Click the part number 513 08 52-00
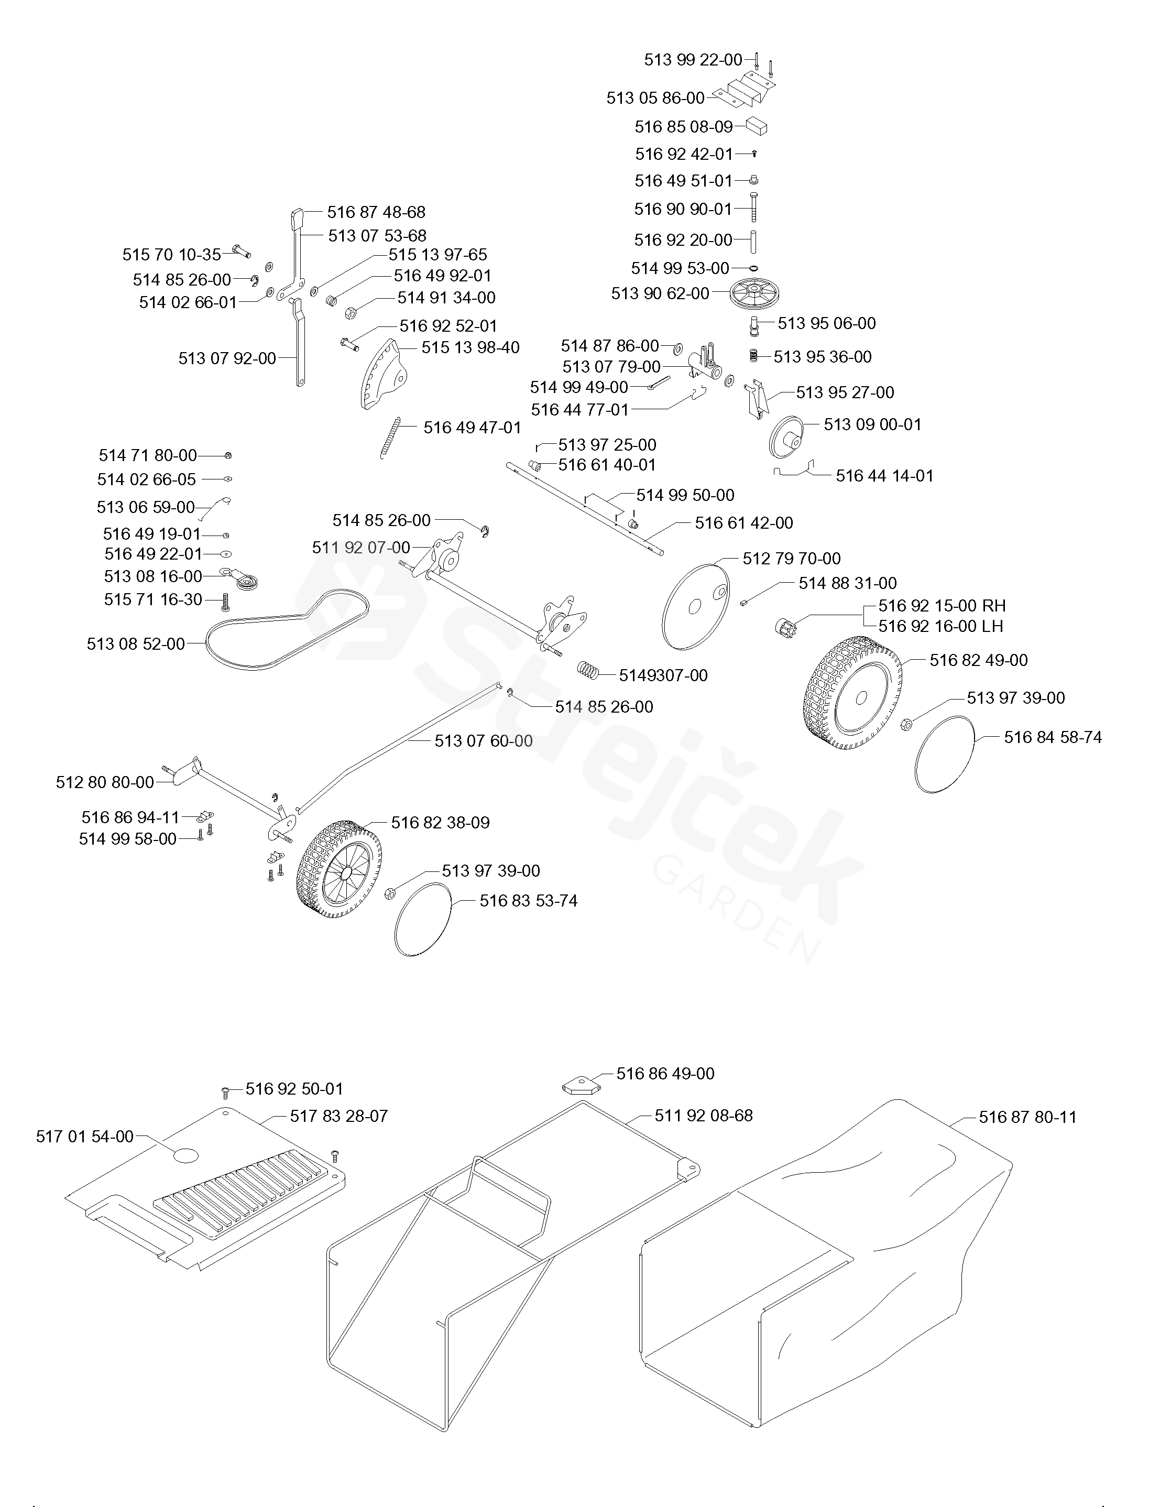point(135,644)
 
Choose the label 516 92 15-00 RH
point(941,606)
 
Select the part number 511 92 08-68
point(703,1115)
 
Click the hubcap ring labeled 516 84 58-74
point(945,754)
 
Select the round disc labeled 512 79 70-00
point(695,606)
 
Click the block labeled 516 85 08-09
point(757,127)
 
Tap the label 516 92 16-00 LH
point(940,626)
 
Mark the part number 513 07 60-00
point(483,740)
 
